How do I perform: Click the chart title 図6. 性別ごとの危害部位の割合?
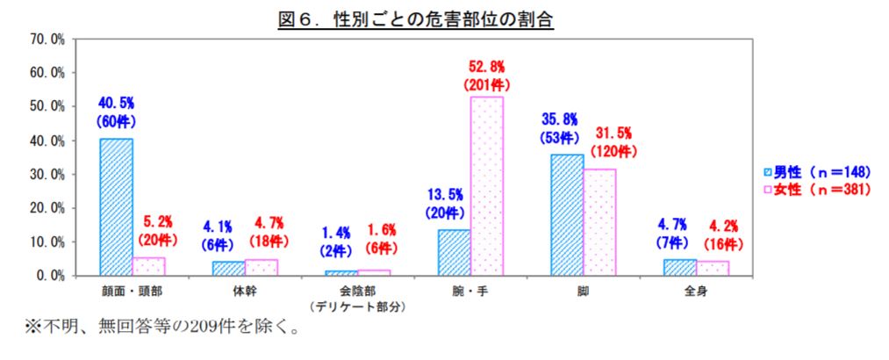(x=416, y=20)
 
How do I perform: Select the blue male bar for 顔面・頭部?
(x=116, y=207)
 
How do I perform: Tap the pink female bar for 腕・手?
(x=486, y=186)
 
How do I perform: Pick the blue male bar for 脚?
(x=566, y=215)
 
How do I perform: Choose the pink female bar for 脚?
(x=599, y=222)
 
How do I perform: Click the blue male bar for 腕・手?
(x=454, y=253)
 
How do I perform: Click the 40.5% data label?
(x=116, y=104)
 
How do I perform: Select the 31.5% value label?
(x=613, y=134)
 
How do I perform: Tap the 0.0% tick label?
(x=52, y=276)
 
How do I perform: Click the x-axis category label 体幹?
(x=245, y=292)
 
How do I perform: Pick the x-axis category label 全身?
(x=696, y=292)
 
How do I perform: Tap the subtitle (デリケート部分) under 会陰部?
(x=358, y=307)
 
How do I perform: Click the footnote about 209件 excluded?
(x=161, y=328)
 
